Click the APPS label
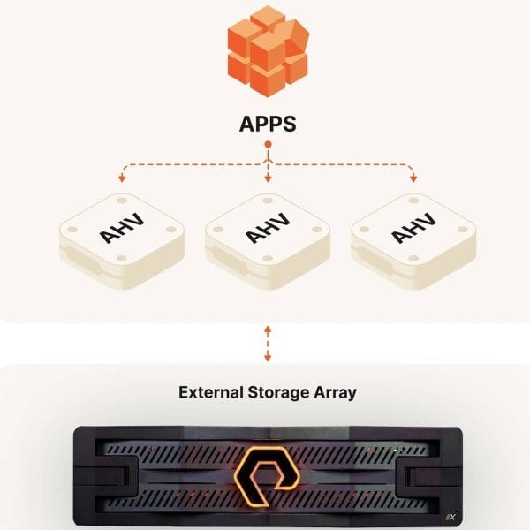pyautogui.click(x=268, y=124)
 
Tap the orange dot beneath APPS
pyautogui.click(x=268, y=143)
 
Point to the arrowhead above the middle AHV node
pyautogui.click(x=268, y=181)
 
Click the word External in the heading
pyautogui.click(x=212, y=391)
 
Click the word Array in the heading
pyautogui.click(x=335, y=391)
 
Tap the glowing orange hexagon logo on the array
pyautogui.click(x=268, y=472)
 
